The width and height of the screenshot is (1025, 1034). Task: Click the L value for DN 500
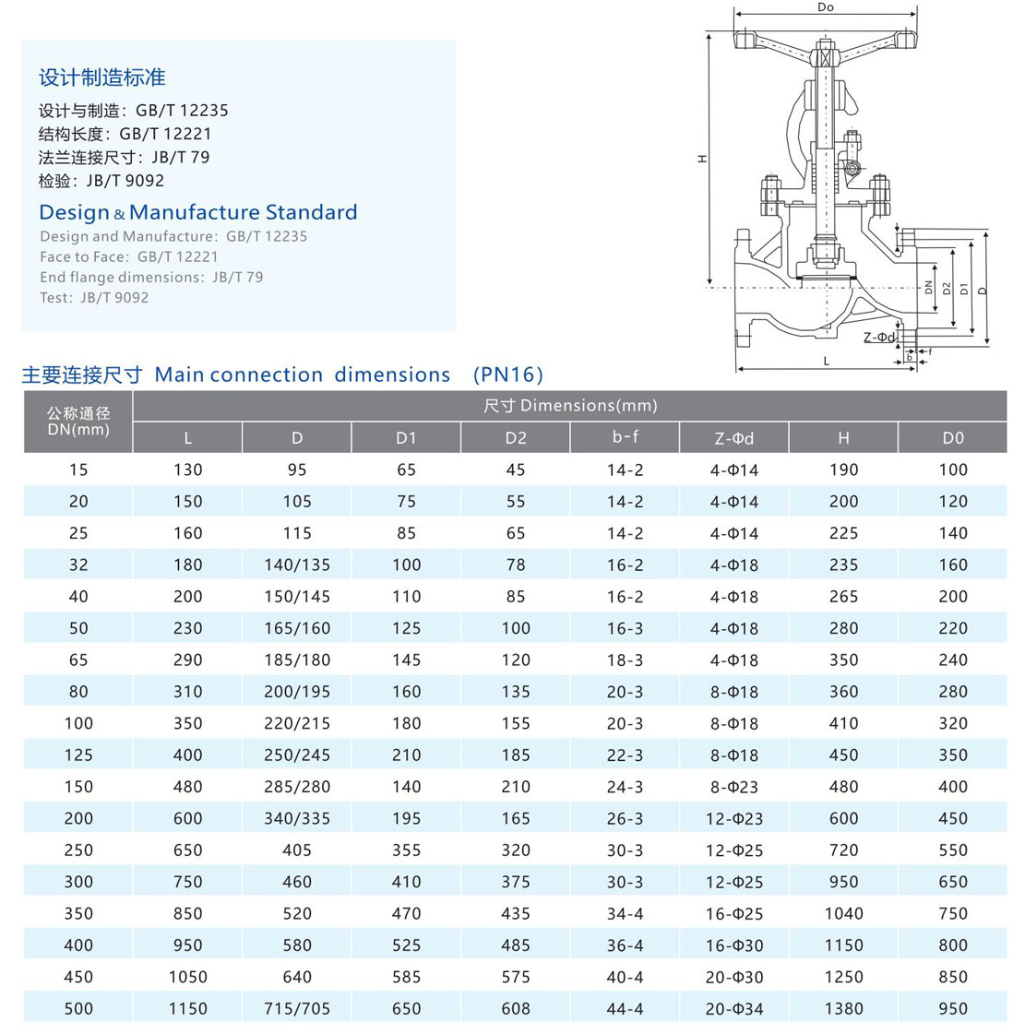[187, 1008]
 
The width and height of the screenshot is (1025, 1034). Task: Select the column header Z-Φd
[734, 438]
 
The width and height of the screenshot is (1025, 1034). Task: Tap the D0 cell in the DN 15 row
[953, 469]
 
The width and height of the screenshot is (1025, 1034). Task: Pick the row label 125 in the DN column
[78, 755]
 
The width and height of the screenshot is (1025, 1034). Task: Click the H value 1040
[843, 913]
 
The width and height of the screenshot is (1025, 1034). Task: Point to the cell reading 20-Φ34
[734, 1008]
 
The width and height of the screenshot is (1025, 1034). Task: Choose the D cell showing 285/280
[296, 787]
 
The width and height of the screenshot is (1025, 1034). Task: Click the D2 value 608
[516, 1008]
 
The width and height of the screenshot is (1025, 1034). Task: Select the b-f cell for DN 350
[625, 913]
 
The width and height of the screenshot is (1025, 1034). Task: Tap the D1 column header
[406, 438]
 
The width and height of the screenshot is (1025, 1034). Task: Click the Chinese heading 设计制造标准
[102, 77]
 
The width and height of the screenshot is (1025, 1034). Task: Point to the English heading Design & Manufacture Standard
[198, 212]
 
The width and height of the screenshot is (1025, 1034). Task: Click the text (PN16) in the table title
[507, 374]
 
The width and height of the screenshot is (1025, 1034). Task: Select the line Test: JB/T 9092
[94, 297]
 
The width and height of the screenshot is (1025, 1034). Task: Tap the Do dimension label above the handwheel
[826, 7]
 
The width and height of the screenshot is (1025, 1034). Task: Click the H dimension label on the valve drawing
[702, 160]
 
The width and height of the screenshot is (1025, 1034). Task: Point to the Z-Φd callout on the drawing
[879, 338]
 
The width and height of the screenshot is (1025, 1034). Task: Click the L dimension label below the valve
[827, 361]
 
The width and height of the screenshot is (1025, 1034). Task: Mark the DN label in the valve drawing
[929, 288]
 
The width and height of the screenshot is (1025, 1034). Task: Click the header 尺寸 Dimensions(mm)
[570, 406]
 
